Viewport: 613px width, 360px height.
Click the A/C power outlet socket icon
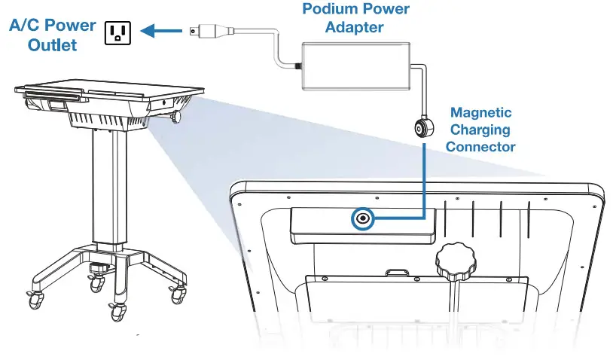pyautogui.click(x=117, y=32)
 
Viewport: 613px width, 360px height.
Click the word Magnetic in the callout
pyautogui.click(x=480, y=113)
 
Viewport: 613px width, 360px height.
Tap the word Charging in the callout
pyautogui.click(x=480, y=130)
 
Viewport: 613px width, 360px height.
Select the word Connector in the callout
pyautogui.click(x=480, y=146)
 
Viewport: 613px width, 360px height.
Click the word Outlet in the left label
pyautogui.click(x=53, y=44)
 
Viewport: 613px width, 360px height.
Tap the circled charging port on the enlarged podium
pyautogui.click(x=364, y=218)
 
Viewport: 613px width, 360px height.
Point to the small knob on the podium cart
pyautogui.click(x=178, y=117)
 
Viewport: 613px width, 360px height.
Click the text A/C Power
pyautogui.click(x=53, y=26)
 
